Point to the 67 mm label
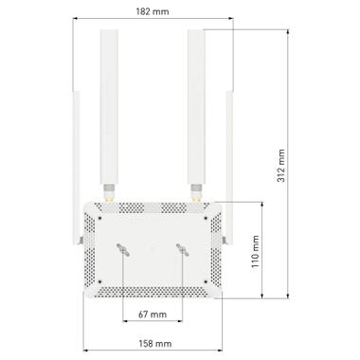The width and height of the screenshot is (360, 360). [x=153, y=313]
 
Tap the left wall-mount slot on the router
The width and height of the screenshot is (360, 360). [x=123, y=248]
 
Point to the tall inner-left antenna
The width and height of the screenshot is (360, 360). [x=107, y=104]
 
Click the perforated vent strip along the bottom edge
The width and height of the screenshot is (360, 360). [x=153, y=293]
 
